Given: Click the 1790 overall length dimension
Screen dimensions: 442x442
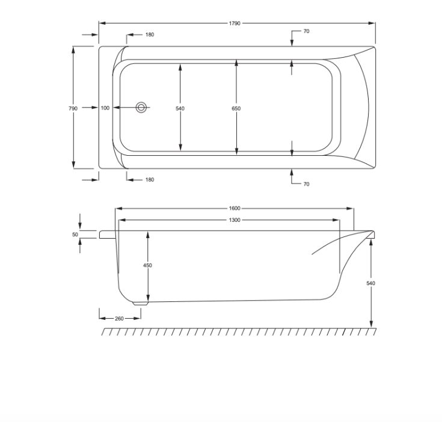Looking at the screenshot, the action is (235, 23).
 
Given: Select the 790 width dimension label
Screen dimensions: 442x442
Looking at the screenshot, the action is (73, 108).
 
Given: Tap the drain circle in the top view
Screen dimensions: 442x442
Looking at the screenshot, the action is (141, 108).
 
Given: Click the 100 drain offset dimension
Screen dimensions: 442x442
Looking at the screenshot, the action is (105, 108).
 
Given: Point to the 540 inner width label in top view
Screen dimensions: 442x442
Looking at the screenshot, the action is (180, 108).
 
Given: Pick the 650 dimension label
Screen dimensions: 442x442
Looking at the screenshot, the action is (236, 108).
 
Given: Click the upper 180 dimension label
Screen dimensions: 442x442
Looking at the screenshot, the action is (150, 35).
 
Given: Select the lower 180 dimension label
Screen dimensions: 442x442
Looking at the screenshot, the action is (150, 180).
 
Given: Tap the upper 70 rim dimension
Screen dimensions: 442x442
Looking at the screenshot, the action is (307, 31).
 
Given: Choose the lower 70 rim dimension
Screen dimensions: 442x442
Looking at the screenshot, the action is (307, 185).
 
